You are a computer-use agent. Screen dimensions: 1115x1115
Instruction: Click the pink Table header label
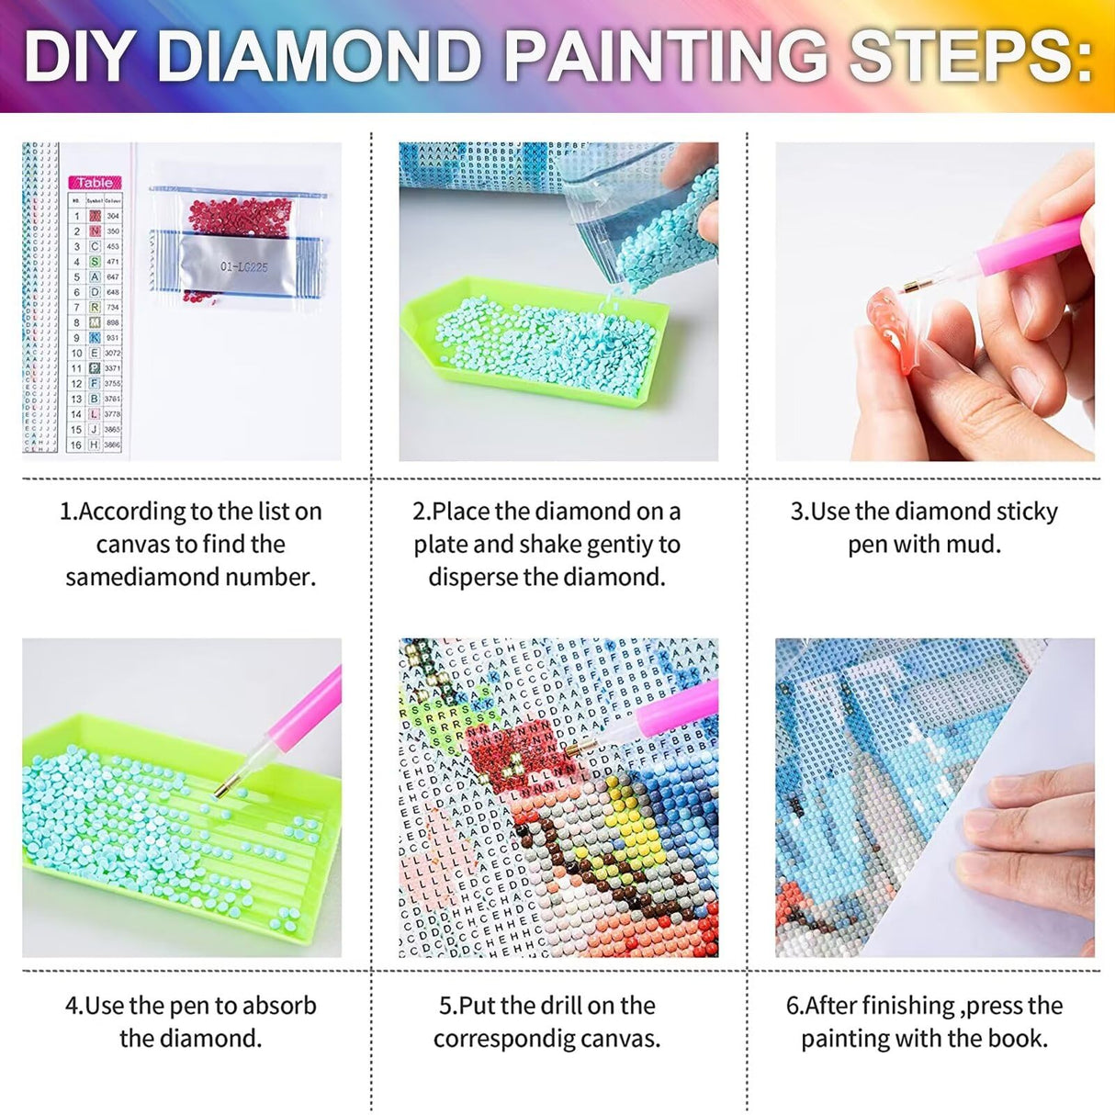coord(95,183)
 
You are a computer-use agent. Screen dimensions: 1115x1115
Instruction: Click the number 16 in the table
coord(76,445)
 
